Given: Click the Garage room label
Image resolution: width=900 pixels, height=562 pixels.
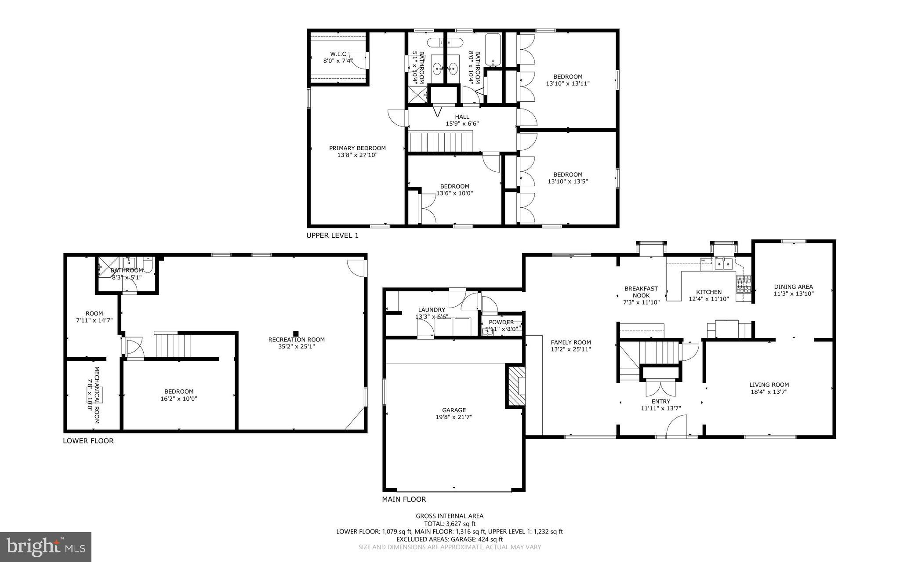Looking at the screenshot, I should point(454,410).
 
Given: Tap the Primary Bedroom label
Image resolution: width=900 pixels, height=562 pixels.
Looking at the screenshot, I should point(357,148).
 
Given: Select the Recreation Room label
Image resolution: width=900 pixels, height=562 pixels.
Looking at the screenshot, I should point(297,339).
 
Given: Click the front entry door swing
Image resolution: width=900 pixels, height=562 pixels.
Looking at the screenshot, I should point(676,427).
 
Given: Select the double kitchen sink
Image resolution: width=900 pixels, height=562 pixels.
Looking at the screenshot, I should point(723,264).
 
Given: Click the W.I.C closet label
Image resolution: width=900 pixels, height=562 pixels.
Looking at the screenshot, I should point(338,54).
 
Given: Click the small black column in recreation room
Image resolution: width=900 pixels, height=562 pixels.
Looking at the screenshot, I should point(296,333).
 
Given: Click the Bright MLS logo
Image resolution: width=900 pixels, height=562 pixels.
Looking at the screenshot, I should point(46,547).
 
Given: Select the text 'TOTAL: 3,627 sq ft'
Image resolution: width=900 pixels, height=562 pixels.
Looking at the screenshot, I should point(450,523).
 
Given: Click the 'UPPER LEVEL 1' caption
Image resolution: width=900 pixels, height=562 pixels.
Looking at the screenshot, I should point(332,236).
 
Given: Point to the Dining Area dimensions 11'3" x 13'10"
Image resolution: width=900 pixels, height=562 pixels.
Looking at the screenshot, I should point(793,294).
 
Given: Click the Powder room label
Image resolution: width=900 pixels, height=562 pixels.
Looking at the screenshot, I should point(501,322).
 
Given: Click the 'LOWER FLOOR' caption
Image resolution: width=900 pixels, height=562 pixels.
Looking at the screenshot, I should point(88,441).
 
